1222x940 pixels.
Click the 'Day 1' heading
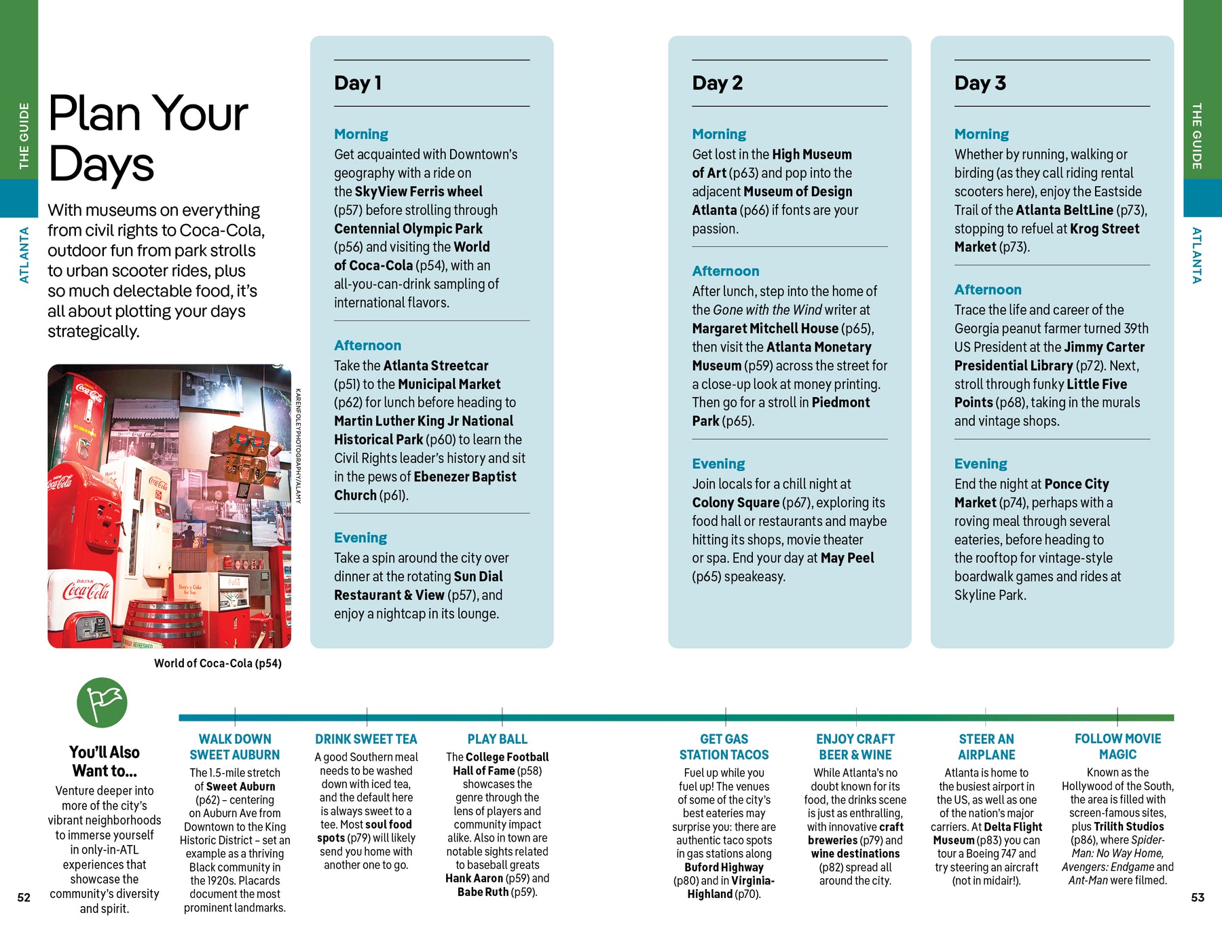358,83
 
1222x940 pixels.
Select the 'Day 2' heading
717,83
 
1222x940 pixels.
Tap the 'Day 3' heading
980,83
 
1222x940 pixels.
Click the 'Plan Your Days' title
148,138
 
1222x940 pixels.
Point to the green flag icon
102,702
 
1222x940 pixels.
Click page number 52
24,897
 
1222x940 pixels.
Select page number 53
1198,897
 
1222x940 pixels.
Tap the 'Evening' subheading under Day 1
360,538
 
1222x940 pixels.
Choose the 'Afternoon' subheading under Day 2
725,271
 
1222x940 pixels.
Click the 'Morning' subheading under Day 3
981,134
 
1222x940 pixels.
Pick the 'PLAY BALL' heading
497,739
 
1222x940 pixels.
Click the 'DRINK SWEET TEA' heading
366,739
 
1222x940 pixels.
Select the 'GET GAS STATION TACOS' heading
724,747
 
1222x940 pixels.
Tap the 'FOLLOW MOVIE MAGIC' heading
1117,746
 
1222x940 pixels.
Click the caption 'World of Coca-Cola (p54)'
217,663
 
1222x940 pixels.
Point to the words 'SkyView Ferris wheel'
418,191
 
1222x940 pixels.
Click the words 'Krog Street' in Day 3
1104,229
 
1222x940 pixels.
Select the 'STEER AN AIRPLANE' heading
986,747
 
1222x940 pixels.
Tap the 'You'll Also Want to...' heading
105,762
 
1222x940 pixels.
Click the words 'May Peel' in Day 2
847,558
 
